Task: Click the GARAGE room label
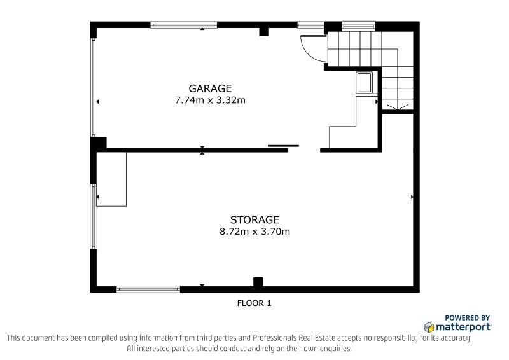click(x=210, y=88)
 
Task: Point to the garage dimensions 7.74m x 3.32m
click(x=210, y=100)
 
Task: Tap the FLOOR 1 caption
click(x=254, y=303)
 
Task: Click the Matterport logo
click(x=457, y=327)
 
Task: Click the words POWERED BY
click(x=467, y=317)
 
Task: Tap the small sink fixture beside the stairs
click(x=365, y=83)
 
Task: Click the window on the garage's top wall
click(x=184, y=25)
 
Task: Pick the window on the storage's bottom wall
click(x=148, y=289)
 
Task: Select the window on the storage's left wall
click(x=94, y=216)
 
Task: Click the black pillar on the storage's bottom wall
click(x=258, y=282)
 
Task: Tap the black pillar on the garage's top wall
click(x=264, y=31)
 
